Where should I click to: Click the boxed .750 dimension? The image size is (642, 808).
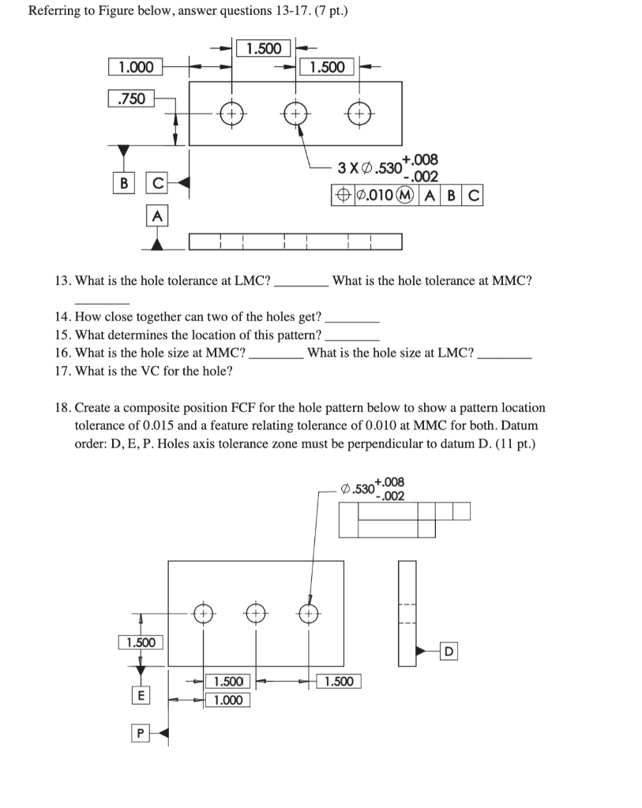(131, 99)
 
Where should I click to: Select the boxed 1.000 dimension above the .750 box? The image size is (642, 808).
(136, 67)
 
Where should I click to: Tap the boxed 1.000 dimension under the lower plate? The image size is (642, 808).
(227, 700)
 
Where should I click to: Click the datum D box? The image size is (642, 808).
(449, 651)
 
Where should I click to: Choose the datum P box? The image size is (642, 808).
(141, 734)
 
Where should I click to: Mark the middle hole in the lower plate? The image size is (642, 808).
(255, 612)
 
